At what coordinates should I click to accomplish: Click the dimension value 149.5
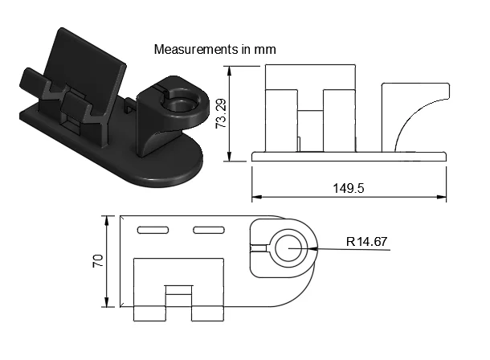pos(349,188)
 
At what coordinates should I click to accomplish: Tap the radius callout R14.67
pos(367,240)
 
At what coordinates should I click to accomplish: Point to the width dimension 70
pos(97,260)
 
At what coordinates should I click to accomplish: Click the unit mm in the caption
pos(265,50)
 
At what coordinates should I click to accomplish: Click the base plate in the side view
pos(349,156)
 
